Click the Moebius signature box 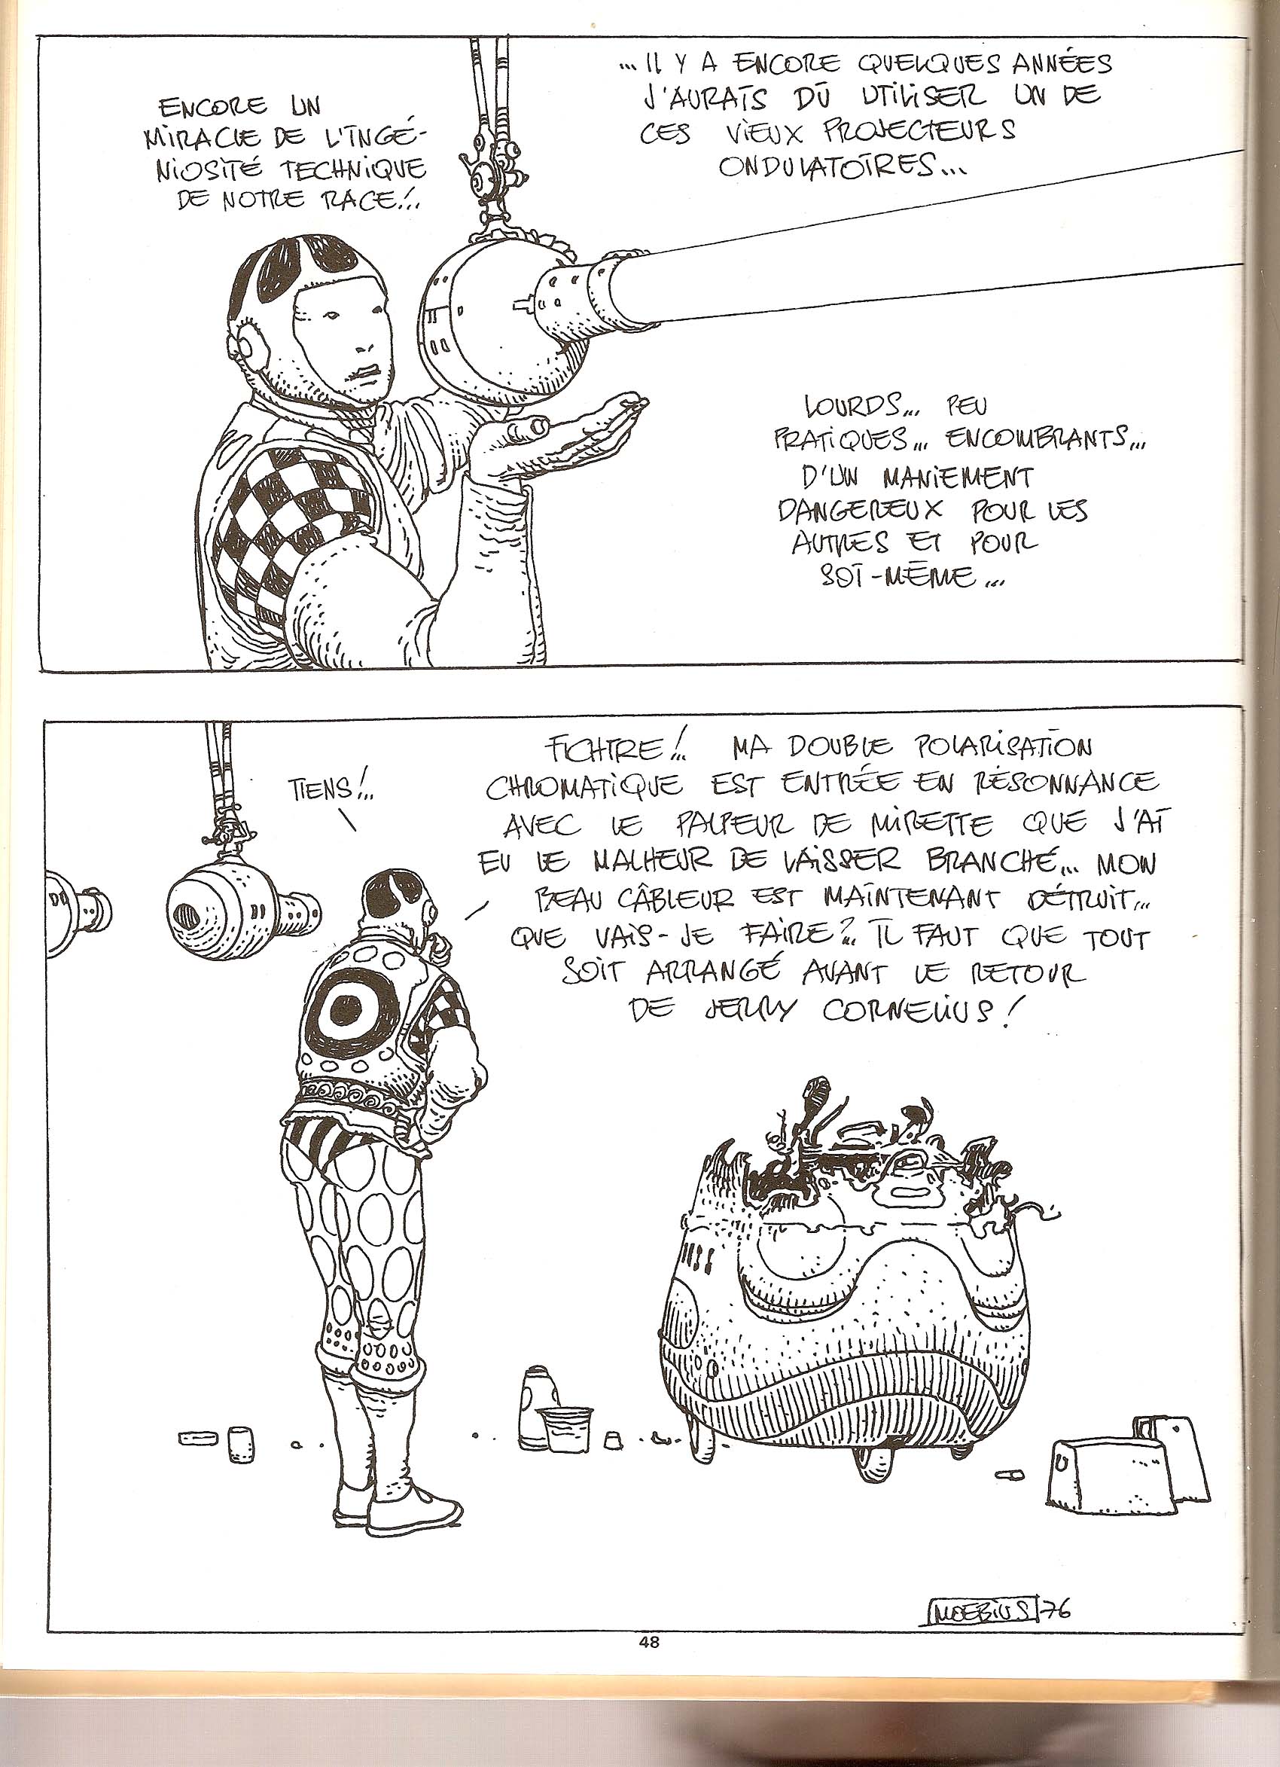coord(981,1604)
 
